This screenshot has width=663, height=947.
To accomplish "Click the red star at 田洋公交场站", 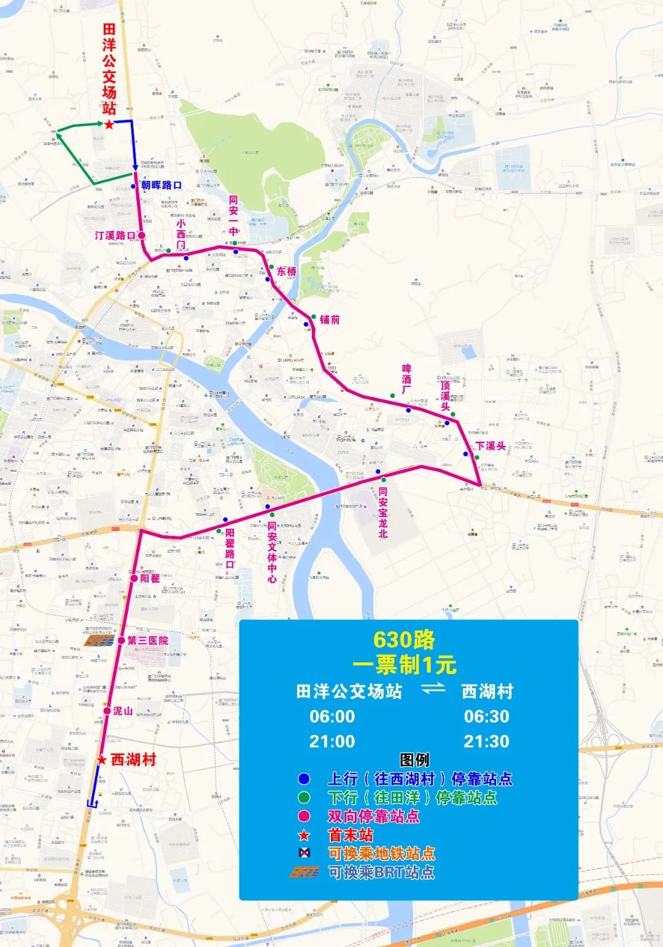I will [109, 125].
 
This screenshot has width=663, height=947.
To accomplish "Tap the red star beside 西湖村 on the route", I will [102, 761].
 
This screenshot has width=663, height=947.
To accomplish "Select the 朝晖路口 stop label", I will [161, 185].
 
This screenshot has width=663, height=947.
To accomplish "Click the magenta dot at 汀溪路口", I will [141, 236].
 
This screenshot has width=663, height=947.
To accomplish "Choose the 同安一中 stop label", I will [233, 215].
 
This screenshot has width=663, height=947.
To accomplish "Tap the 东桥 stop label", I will [287, 271].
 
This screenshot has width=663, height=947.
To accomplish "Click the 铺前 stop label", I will [330, 320].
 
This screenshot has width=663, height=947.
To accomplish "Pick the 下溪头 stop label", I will [490, 446].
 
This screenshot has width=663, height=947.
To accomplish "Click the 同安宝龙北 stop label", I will [383, 512].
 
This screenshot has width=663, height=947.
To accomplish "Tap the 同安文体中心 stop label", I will [272, 552].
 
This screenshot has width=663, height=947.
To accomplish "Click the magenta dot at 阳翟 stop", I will [134, 578].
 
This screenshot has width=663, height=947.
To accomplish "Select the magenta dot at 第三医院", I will [122, 640].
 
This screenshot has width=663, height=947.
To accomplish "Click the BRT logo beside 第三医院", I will [99, 641].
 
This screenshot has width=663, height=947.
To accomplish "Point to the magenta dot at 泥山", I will [107, 711].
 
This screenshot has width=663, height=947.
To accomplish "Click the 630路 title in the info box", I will [404, 640].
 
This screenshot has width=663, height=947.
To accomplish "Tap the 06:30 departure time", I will [486, 716].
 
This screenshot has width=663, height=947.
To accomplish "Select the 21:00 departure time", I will [332, 742].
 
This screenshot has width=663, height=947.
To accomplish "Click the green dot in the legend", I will [304, 798].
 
